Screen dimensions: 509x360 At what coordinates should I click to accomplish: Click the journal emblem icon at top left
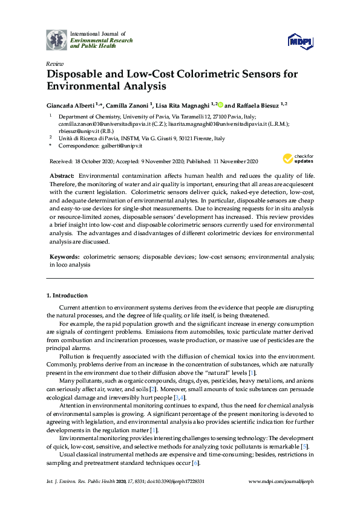point(57,39)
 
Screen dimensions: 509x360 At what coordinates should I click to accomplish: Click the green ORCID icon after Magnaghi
point(221,104)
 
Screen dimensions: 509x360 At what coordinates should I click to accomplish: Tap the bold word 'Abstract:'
point(62,175)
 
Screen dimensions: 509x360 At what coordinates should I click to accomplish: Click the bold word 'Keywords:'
point(64,257)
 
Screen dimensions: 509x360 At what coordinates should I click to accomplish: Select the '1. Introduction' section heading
point(67,296)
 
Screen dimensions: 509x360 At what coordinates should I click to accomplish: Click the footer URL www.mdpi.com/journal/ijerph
point(281,482)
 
